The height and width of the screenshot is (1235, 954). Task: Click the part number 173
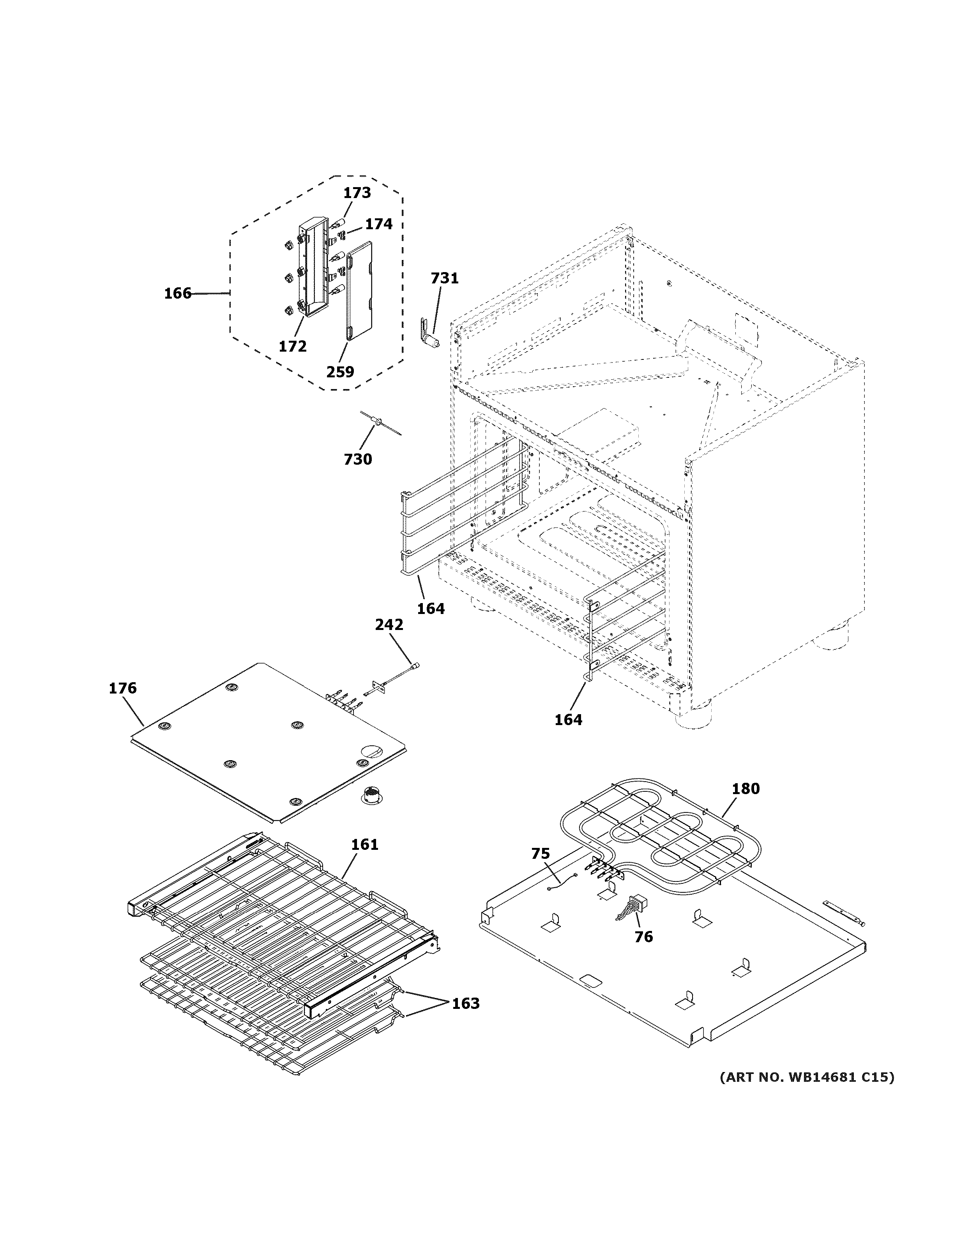[x=357, y=193]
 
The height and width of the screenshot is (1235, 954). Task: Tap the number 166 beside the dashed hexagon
[x=177, y=294]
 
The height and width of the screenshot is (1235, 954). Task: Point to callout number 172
[x=292, y=346]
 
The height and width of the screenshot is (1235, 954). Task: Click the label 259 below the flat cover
[x=340, y=372]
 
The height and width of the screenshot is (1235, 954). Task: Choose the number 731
[x=444, y=278]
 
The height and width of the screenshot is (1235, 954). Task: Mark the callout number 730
[x=358, y=459]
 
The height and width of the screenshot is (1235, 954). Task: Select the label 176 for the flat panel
[x=123, y=688]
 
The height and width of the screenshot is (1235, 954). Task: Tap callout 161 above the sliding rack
[x=364, y=844]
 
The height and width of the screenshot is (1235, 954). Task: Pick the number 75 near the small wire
[x=540, y=854]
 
